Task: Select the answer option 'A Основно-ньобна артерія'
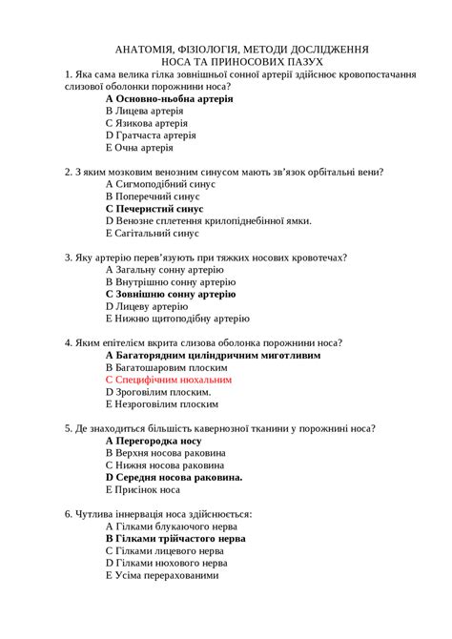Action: tap(169, 98)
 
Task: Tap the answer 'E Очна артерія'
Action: tap(139, 148)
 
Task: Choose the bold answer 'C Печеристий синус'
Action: tap(154, 208)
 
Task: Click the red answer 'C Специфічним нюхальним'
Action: tap(168, 379)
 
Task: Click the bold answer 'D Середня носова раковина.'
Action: tap(174, 477)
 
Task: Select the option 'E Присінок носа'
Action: tap(142, 489)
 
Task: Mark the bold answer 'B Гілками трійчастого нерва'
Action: tap(175, 538)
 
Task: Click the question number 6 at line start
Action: tap(69, 514)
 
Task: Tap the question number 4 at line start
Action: tap(69, 342)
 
